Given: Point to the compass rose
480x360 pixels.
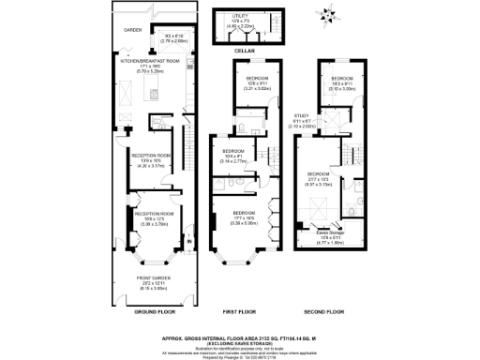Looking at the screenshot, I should (x=329, y=15).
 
